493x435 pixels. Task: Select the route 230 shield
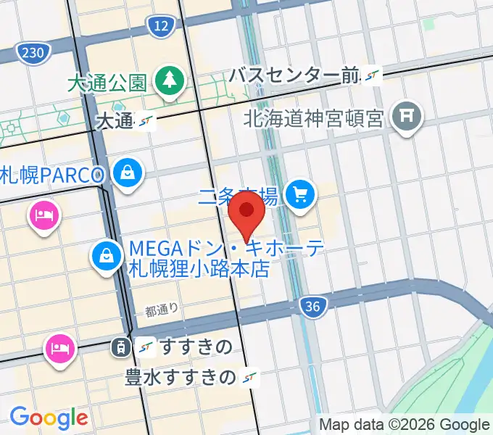pyautogui.click(x=33, y=53)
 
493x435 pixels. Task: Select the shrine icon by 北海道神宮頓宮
pyautogui.click(x=407, y=117)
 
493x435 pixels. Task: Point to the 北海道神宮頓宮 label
pyautogui.click(x=313, y=117)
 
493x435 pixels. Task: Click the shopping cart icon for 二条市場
pyautogui.click(x=300, y=194)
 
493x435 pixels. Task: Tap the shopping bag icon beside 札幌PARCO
pyautogui.click(x=128, y=173)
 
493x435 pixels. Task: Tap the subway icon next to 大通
pyautogui.click(x=147, y=121)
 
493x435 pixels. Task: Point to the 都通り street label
pyautogui.click(x=161, y=310)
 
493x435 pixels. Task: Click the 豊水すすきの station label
pyautogui.click(x=181, y=377)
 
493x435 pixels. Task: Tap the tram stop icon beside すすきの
pyautogui.click(x=117, y=348)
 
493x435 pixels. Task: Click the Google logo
pyautogui.click(x=49, y=417)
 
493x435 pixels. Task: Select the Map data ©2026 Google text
pyautogui.click(x=405, y=425)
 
